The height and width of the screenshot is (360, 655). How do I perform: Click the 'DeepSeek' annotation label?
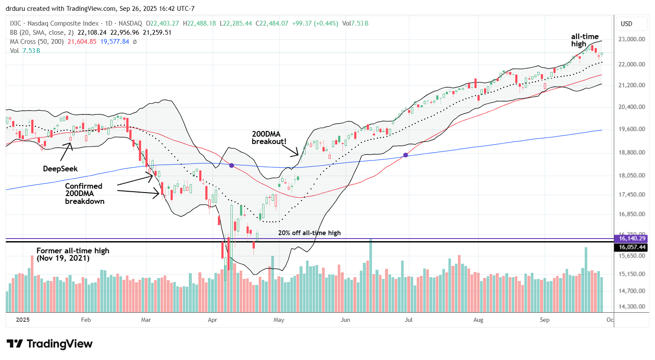[60, 169]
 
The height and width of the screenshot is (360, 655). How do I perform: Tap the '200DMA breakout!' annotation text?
[269, 138]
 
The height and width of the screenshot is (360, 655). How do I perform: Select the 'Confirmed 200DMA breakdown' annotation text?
[84, 193]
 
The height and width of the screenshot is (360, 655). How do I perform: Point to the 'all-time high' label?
[584, 40]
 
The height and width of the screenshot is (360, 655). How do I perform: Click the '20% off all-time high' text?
[309, 233]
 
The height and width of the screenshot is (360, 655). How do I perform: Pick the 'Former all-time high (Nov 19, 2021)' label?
[72, 254]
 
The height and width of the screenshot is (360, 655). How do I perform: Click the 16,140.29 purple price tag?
[632, 239]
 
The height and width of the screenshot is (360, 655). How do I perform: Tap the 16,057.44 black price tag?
[632, 247]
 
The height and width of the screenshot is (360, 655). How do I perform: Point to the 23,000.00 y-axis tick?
[632, 39]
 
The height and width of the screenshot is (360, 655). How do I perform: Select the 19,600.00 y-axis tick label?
[632, 129]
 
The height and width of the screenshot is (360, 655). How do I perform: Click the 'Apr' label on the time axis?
[212, 320]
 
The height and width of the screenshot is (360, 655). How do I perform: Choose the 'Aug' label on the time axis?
[478, 320]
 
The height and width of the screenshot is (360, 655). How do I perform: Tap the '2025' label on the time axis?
[23, 320]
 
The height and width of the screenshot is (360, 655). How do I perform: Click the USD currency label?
[626, 24]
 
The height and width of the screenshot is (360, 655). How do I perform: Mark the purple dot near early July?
[406, 155]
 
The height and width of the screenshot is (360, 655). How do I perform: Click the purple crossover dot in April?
[232, 165]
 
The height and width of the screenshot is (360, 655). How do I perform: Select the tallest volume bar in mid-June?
[371, 275]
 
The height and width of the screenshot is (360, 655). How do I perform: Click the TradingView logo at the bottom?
[49, 344]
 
